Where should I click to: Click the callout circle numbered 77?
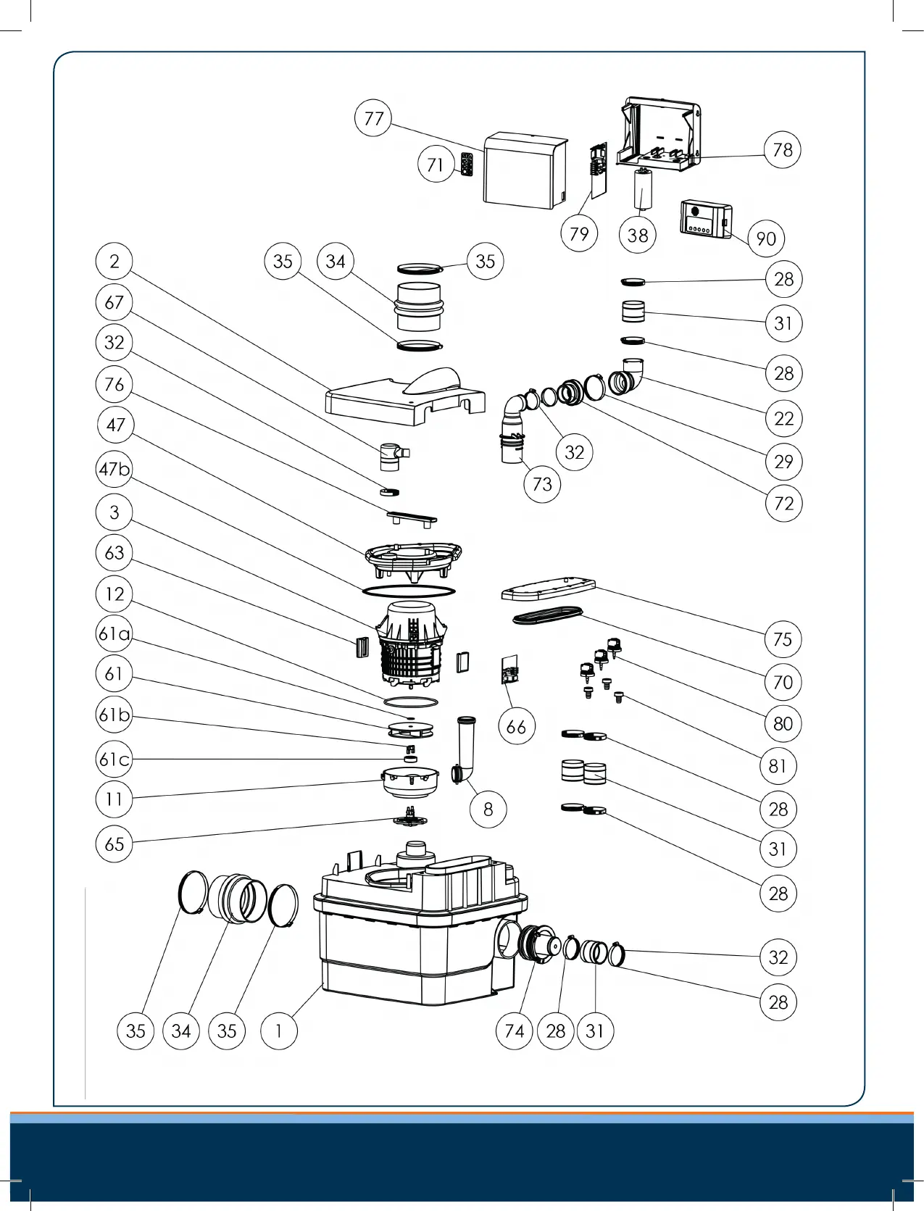pyautogui.click(x=373, y=118)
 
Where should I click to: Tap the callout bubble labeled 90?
pyautogui.click(x=766, y=238)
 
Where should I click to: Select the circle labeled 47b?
pyautogui.click(x=115, y=470)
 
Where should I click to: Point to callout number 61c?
pyautogui.click(x=115, y=759)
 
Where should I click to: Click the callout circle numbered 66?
pyautogui.click(x=516, y=726)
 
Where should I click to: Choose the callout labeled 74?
pyautogui.click(x=514, y=1031)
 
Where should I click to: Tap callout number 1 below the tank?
pyautogui.click(x=278, y=1031)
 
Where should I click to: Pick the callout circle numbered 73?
pyautogui.click(x=542, y=484)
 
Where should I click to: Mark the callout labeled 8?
pyautogui.click(x=488, y=809)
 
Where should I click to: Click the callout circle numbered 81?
pyautogui.click(x=778, y=765)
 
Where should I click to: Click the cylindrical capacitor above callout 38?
pyautogui.click(x=641, y=190)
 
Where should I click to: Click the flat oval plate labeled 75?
pyautogui.click(x=548, y=590)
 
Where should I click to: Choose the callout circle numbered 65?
pyautogui.click(x=115, y=844)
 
